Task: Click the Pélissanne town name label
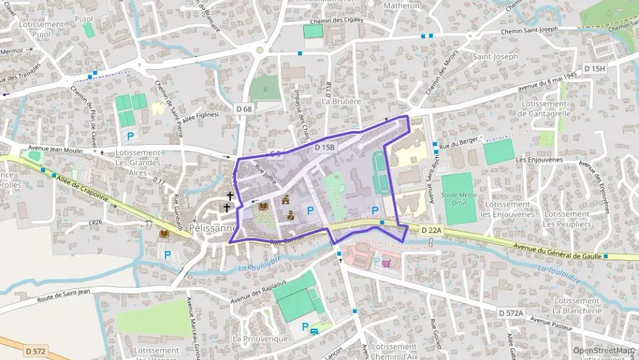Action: [212, 228]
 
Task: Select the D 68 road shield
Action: [244, 109]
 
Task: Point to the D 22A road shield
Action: [431, 230]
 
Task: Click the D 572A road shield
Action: [510, 312]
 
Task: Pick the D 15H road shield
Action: [595, 68]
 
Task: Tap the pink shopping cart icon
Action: [386, 263]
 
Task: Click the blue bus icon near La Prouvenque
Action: [313, 332]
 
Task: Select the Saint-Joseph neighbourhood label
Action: [496, 57]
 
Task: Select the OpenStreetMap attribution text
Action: [603, 350]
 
